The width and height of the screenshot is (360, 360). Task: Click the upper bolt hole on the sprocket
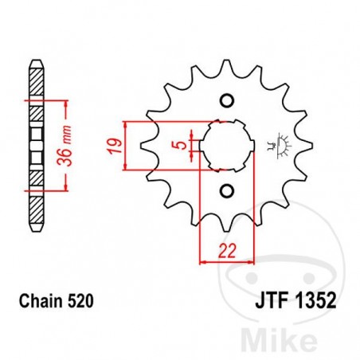(x=227, y=101)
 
